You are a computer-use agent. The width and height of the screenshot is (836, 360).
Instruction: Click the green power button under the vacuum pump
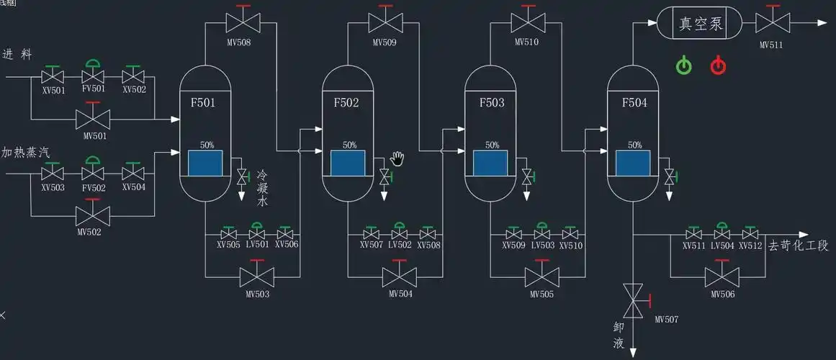pos(683,66)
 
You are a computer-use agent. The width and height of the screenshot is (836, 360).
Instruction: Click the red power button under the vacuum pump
pos(718,66)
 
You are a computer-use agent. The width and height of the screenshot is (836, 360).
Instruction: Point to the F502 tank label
pos(346,103)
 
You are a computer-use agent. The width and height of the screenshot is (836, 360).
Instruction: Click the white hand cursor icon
pos(398,157)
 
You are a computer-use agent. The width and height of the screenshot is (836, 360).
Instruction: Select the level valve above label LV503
pos(542,234)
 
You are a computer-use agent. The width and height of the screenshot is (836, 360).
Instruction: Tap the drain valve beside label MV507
pos(634,299)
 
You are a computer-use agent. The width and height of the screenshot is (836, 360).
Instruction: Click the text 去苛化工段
pos(799,246)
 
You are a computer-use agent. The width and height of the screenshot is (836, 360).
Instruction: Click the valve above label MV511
pos(770,23)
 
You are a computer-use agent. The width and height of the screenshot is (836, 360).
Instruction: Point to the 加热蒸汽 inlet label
pos(26,153)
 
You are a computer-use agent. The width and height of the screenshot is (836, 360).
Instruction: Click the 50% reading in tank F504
pos(634,145)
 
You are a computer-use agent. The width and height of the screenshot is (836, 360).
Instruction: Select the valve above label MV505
pos(542,276)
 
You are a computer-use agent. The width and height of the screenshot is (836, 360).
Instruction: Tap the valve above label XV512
pos(751,234)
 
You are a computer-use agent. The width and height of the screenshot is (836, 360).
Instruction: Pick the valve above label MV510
pos(527,22)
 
